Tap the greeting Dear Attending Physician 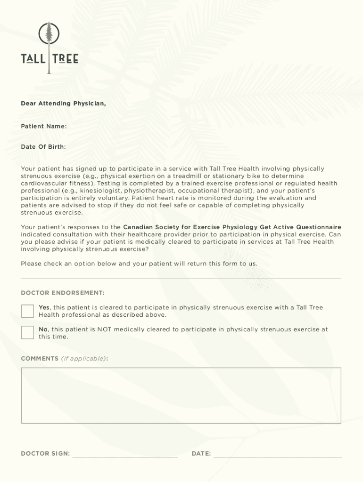[63, 103]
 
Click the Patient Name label [43, 126]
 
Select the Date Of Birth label [43, 147]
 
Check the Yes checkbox [27, 311]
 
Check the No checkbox [27, 333]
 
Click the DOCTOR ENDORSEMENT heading [63, 293]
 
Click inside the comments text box [181, 395]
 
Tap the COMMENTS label [40, 359]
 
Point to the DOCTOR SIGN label [45, 454]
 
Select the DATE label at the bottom [201, 454]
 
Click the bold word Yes [44, 307]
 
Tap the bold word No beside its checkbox [43, 329]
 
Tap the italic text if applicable [83, 359]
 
